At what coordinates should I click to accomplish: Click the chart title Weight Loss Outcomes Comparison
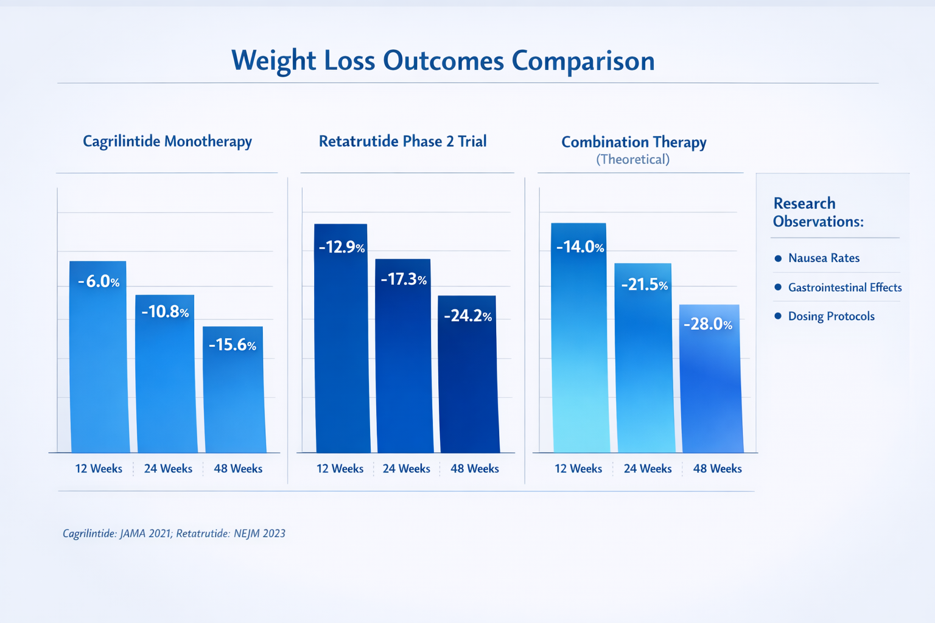pos(443,61)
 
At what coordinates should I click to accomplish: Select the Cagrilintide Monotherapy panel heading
pos(167,141)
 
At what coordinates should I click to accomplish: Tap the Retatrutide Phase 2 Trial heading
pos(402,141)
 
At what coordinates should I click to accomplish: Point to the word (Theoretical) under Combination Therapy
pos(632,159)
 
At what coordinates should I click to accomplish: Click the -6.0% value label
pos(99,281)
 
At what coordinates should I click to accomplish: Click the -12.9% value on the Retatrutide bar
pos(341,247)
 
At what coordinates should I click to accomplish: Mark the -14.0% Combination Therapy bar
pos(580,347)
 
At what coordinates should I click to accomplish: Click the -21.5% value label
pos(644,284)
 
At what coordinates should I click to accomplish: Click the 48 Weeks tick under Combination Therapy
pos(717,468)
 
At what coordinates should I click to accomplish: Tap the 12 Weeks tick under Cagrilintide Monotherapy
pos(99,468)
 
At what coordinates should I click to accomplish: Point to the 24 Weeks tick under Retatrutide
pos(406,468)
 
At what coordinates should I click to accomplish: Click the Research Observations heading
pos(818,212)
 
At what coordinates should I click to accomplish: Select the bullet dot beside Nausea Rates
pos(778,258)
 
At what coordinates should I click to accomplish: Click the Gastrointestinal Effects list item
pos(844,287)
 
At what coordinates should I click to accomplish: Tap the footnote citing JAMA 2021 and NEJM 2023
pos(174,534)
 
